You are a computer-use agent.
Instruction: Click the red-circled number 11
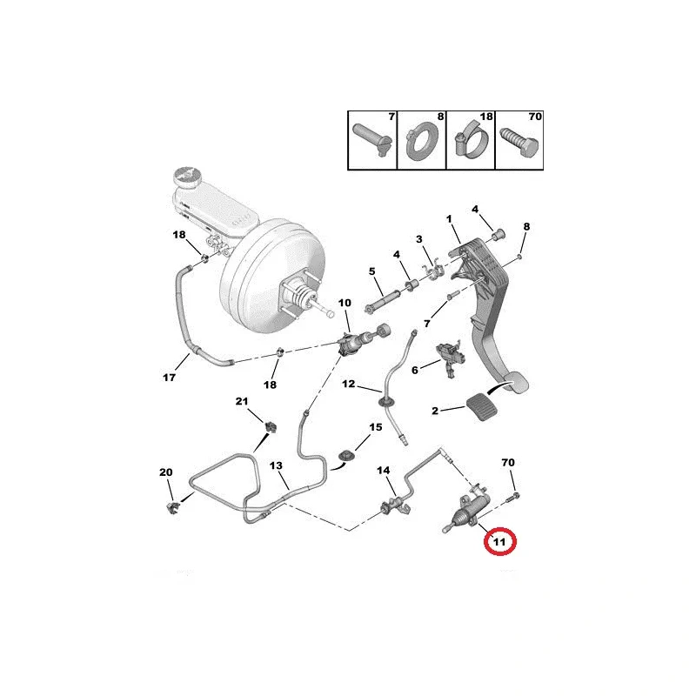click(499, 542)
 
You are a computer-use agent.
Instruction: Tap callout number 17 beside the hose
click(170, 378)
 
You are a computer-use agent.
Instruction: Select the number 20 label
click(166, 472)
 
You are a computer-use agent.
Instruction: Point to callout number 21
click(243, 401)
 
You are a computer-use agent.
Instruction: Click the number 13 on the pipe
click(277, 466)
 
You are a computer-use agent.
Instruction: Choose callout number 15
click(375, 427)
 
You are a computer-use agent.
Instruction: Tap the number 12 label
click(348, 384)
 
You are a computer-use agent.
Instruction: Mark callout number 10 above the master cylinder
click(345, 303)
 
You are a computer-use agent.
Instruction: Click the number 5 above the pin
click(371, 271)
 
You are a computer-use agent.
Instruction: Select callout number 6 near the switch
click(415, 370)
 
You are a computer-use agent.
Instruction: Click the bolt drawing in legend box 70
click(519, 143)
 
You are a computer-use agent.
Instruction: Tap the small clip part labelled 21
click(271, 426)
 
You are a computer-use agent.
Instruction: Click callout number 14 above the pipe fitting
click(384, 471)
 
